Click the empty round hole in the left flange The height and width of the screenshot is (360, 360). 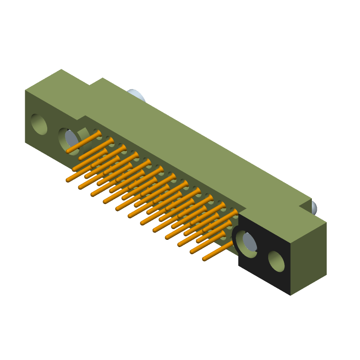pyautogui.click(x=39, y=124)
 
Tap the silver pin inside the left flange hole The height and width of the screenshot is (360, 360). pyautogui.click(x=71, y=139)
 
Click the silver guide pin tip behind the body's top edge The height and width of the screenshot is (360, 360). pyautogui.click(x=136, y=95)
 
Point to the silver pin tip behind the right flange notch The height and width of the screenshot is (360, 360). pyautogui.click(x=313, y=207)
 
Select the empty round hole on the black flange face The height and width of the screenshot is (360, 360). pyautogui.click(x=276, y=261)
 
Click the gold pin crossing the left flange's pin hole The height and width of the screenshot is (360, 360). pyautogui.click(x=83, y=142)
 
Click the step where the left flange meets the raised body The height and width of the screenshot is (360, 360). pyautogui.click(x=83, y=118)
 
